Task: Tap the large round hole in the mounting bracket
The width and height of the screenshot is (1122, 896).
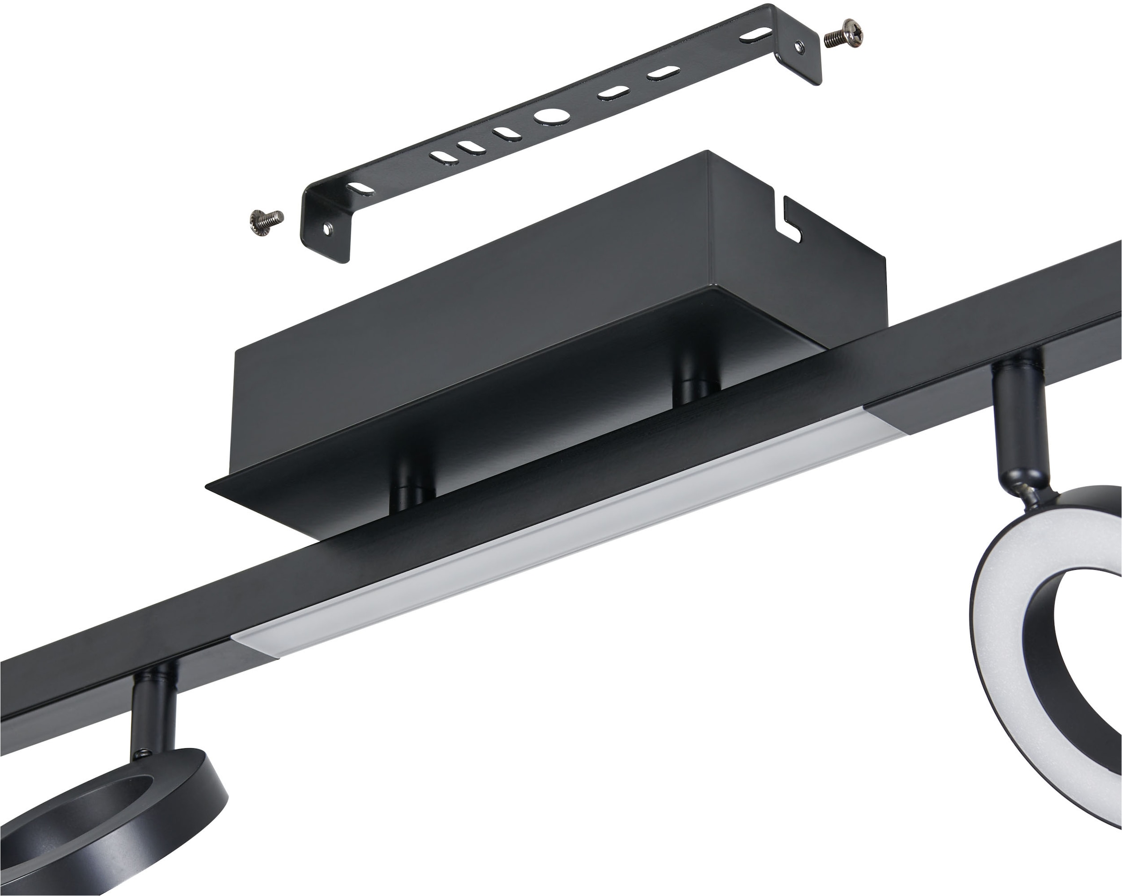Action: point(552,115)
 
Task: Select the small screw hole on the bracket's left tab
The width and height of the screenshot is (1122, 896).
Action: point(326,228)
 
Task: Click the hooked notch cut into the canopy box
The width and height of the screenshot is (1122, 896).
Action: point(791,221)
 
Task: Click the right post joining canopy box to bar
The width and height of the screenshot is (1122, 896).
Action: point(696,387)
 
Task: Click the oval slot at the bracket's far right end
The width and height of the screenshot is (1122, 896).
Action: point(755,36)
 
